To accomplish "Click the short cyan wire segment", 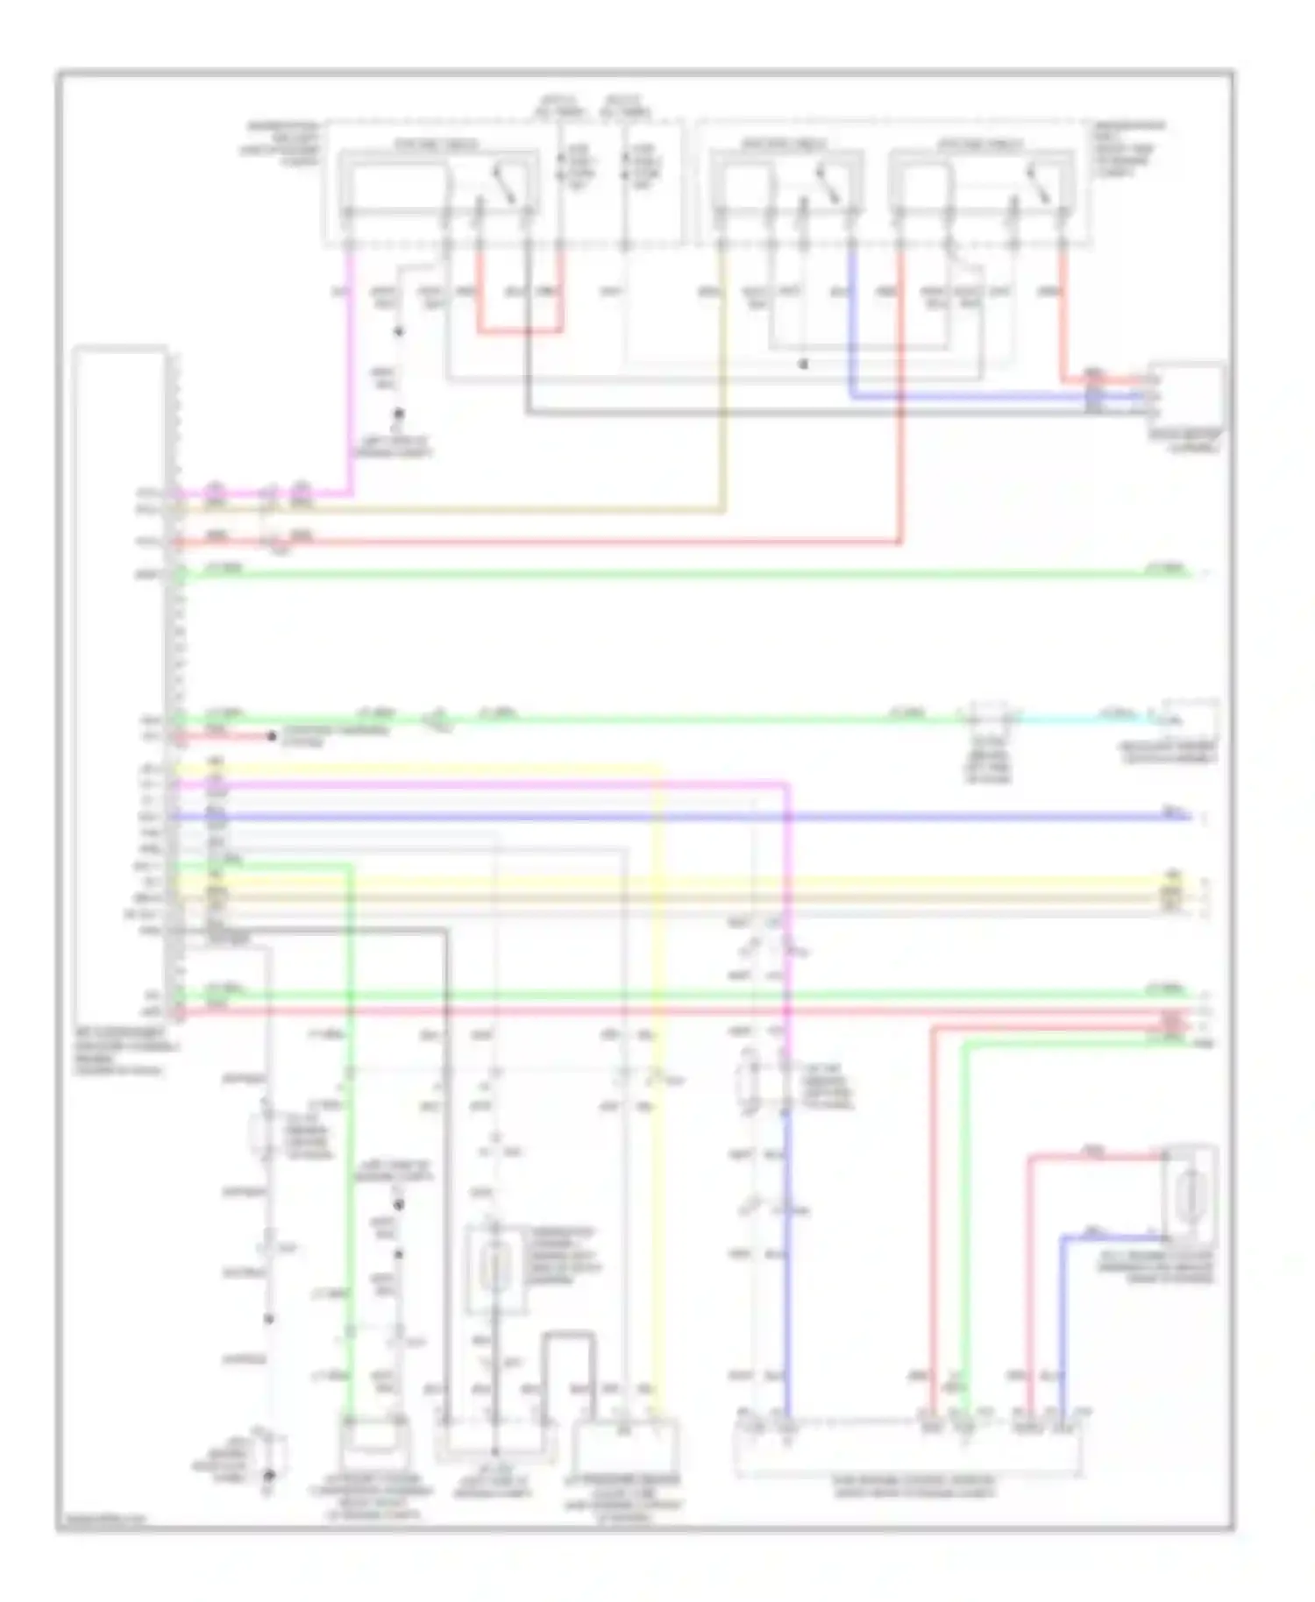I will [1087, 719].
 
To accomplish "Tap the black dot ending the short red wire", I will [273, 737].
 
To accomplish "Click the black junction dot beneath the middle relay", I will [803, 364].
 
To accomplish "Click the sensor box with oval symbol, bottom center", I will [495, 1270].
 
